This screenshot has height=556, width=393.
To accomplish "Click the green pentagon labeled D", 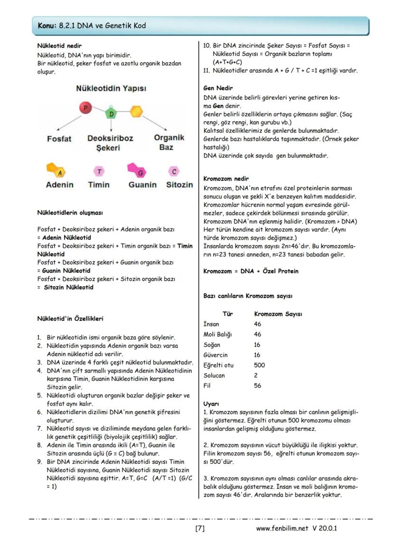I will coord(111,114).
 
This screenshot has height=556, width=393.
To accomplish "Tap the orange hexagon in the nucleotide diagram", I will coord(136,111).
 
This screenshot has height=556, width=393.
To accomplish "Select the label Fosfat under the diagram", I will coord(59,139).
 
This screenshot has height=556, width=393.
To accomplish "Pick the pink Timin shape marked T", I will coord(99,171).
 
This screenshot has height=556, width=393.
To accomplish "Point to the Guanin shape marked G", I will coord(138,170).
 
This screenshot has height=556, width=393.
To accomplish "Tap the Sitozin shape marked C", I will coord(174,171).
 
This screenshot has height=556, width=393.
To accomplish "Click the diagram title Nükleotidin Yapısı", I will coord(111,89).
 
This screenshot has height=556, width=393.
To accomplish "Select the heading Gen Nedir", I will coord(218,88).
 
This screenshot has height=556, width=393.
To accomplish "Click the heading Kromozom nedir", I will coord(226,179).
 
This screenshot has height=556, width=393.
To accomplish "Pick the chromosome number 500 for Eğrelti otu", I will coord(260,365).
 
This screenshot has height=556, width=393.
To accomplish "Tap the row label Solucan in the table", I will coord(214,376).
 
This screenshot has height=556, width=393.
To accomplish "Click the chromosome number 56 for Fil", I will coord(258,386).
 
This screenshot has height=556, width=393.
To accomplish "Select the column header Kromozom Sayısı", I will coord(278,314).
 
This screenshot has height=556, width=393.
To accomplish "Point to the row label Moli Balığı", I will coord(217,334).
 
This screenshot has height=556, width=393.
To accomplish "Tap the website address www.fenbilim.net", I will coord(282,528).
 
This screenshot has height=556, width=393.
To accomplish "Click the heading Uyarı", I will coord(211,404).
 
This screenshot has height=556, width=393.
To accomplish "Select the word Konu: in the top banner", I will coord(47,26).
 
